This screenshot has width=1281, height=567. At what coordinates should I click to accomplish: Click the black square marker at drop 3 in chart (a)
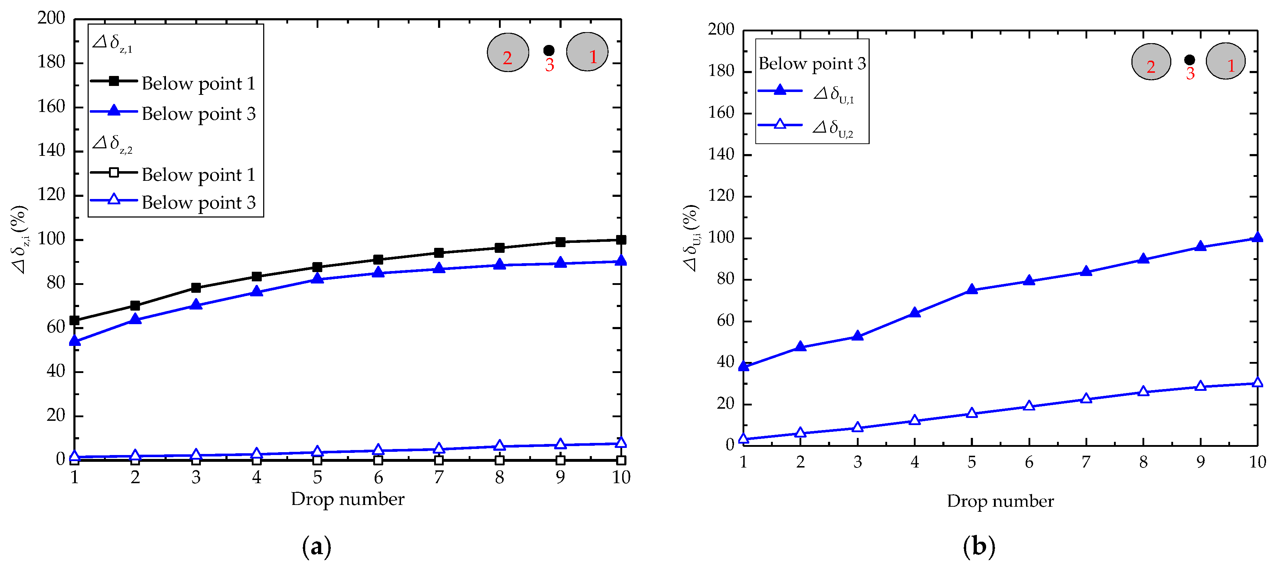click(x=196, y=288)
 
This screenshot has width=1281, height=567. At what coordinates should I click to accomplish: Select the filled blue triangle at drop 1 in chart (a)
click(x=74, y=341)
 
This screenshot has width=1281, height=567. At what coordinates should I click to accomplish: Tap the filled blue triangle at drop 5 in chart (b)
click(x=972, y=289)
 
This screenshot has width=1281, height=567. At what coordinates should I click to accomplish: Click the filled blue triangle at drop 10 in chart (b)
click(x=1257, y=237)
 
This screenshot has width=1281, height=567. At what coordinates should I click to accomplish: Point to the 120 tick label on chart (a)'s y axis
click(x=51, y=195)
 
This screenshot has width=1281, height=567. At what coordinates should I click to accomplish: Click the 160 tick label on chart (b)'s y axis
click(x=721, y=113)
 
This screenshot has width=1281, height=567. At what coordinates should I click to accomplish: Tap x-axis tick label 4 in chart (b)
click(x=915, y=462)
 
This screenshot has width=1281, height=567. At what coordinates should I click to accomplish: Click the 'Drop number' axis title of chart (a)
click(x=348, y=499)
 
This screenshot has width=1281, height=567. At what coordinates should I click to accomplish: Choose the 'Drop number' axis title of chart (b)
click(x=1000, y=501)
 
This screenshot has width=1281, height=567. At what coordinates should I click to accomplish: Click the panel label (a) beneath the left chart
click(x=316, y=547)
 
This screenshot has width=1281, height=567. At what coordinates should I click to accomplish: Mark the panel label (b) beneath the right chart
click(x=979, y=547)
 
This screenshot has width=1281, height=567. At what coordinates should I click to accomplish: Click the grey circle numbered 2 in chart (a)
click(x=508, y=53)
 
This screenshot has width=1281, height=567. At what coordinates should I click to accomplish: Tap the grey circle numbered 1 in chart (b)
click(x=1225, y=61)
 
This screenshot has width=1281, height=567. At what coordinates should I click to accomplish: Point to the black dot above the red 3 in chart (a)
click(x=549, y=50)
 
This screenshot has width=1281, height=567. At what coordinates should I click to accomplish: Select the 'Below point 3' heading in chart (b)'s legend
click(x=812, y=64)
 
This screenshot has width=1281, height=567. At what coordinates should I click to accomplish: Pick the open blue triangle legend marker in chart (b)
click(x=780, y=124)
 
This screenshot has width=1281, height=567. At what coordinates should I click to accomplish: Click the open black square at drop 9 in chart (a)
click(x=561, y=460)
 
